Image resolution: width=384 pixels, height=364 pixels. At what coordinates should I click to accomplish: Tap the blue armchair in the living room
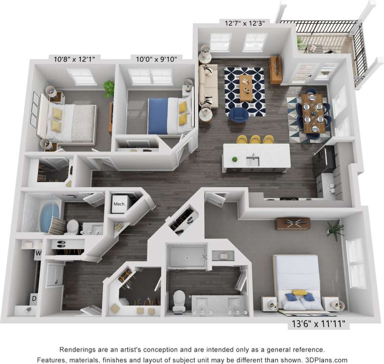pos(239,114)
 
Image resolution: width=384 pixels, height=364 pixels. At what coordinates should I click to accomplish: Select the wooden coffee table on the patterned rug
pos(246,87)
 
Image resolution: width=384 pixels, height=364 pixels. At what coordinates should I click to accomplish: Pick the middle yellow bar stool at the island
pos(255,139)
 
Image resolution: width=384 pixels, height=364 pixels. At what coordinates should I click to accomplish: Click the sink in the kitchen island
pos(252,161)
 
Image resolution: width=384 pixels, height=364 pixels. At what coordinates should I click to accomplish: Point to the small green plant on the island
pos(234,159)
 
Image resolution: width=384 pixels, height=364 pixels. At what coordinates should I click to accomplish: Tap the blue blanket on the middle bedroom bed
pos(158,116)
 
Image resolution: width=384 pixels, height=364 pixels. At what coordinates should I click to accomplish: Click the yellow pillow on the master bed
pos(300,292)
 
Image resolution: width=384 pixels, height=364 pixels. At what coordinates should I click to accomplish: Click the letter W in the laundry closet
pos(38,253)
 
